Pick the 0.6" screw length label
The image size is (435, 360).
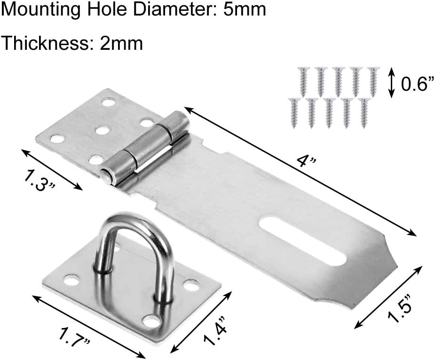[417, 84]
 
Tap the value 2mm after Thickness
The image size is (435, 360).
[121, 44]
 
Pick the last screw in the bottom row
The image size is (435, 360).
[364, 112]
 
